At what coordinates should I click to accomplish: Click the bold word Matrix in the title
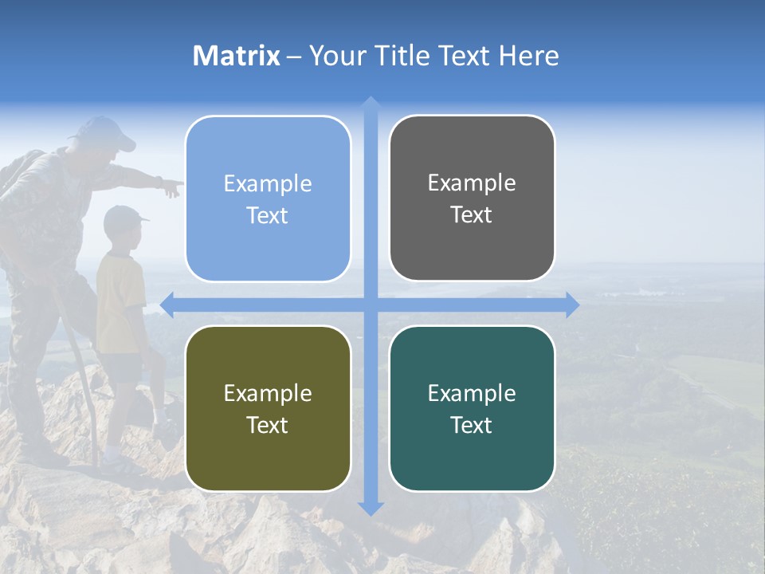point(237,56)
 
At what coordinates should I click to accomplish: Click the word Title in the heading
point(405,56)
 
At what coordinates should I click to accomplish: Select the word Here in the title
point(528,56)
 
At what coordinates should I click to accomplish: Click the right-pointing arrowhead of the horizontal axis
point(572,305)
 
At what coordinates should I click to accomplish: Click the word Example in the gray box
point(472,183)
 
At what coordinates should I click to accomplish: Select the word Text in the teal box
point(472,425)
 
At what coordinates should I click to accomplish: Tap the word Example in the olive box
point(268,393)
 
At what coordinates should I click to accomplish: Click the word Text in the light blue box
point(268,215)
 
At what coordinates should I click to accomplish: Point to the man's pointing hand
point(171,188)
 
